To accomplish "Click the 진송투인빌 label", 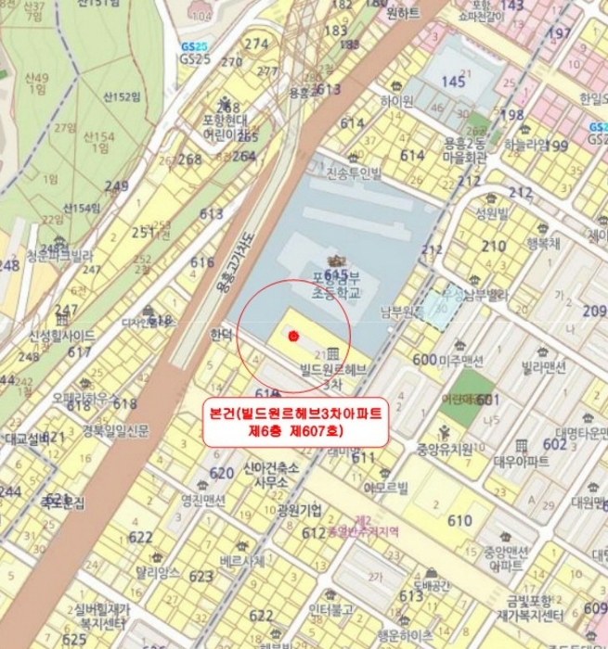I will click(354, 173).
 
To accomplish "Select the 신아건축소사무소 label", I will click(270, 475).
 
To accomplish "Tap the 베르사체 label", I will click(242, 561).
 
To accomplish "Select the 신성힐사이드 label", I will click(61, 335).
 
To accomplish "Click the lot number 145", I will click(453, 83).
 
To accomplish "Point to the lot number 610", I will click(459, 521).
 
